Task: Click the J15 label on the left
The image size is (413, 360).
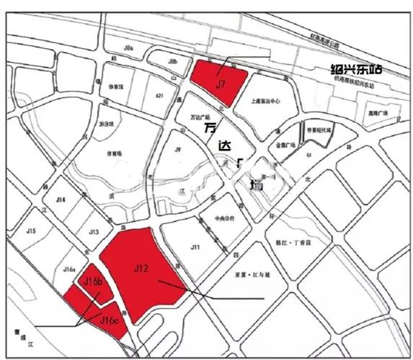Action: (x=30, y=231)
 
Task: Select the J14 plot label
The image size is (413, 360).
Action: (x=61, y=199)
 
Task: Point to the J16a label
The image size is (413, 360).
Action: (x=70, y=271)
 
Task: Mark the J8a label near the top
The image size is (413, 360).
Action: (x=129, y=48)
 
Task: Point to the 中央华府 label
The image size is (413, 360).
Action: (x=225, y=220)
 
